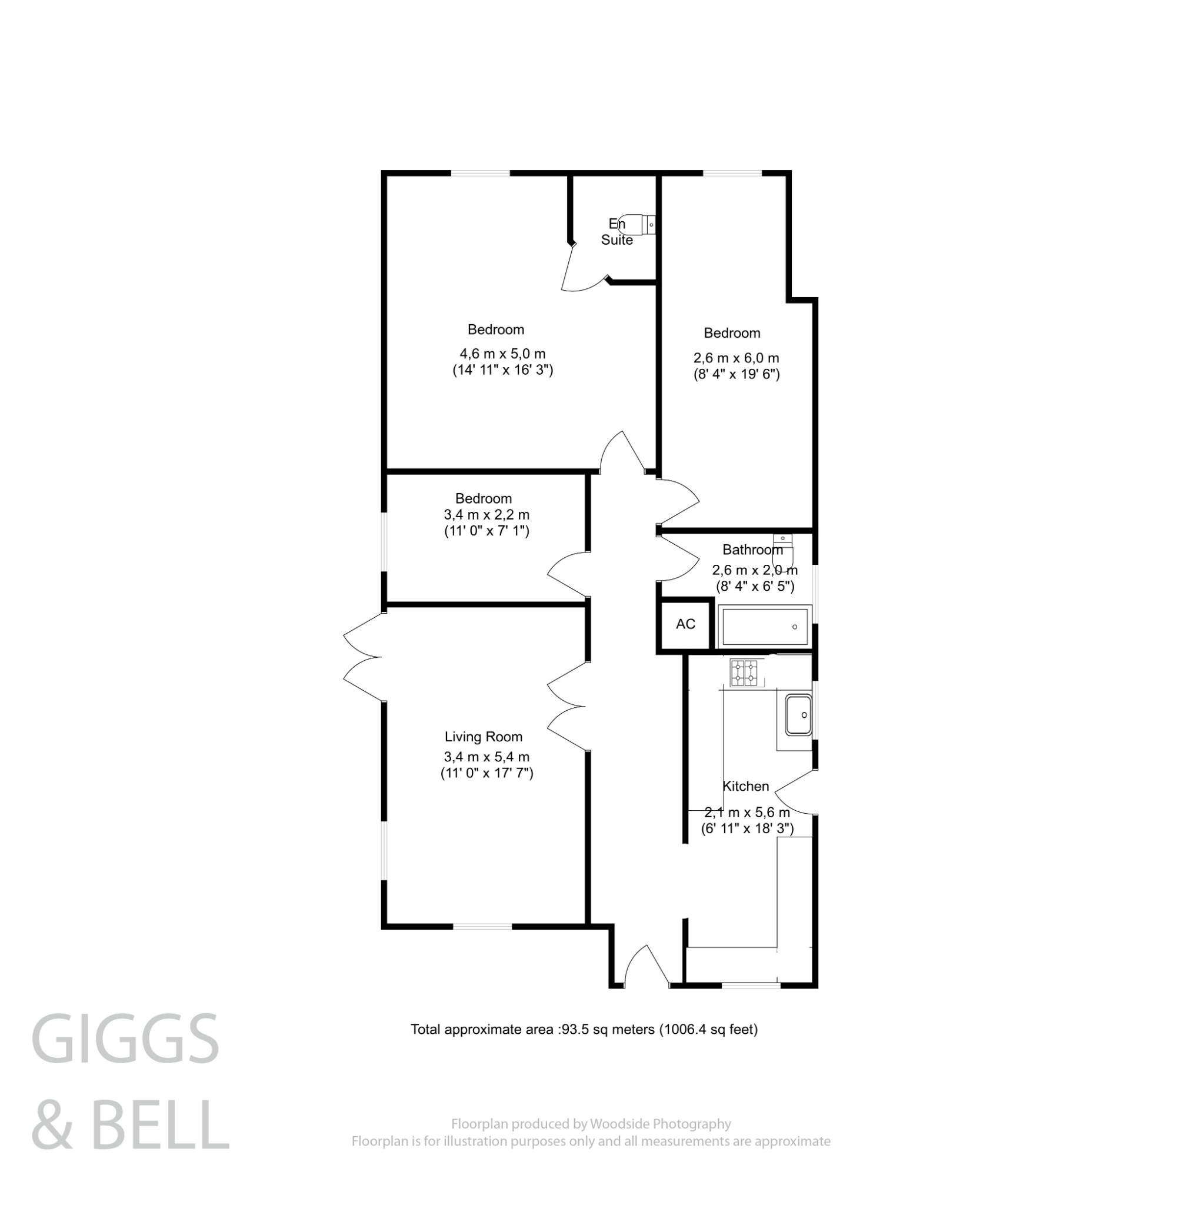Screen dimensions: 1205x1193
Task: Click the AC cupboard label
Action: pos(685,624)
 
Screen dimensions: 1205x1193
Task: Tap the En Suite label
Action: pos(616,232)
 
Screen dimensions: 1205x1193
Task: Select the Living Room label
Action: pos(484,737)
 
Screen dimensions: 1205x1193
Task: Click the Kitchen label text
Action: pos(745,786)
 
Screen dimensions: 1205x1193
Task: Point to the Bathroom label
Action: pos(752,550)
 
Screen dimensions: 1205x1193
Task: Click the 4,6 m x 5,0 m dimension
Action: pos(502,354)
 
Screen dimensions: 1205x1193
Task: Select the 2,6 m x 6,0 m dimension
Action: pos(736,358)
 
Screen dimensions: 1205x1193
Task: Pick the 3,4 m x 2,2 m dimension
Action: pos(486,515)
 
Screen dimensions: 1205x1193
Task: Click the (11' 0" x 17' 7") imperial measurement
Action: pos(486,773)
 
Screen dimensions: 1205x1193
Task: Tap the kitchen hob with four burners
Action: pos(744,673)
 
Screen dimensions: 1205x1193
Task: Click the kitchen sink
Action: pos(798,715)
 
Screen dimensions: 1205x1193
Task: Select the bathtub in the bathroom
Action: pos(765,626)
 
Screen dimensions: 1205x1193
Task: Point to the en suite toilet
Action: pos(640,223)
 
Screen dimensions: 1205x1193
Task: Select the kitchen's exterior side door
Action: pos(795,792)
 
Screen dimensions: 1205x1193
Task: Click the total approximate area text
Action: pos(584,1030)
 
